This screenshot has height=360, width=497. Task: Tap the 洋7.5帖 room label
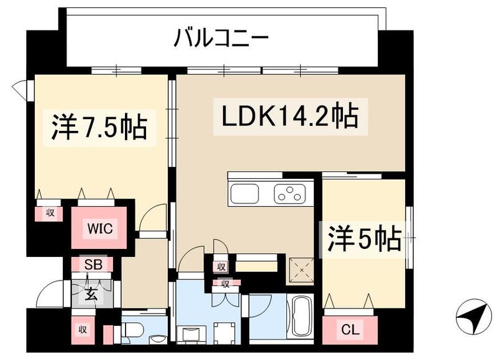[99, 127]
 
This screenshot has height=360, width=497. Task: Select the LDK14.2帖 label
[290, 115]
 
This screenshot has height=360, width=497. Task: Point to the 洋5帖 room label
[364, 238]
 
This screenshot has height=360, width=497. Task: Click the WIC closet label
[99, 228]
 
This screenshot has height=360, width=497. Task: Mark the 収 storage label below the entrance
[81, 330]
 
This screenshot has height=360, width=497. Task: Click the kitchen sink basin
[248, 194]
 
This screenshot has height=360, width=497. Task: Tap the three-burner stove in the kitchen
[290, 194]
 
